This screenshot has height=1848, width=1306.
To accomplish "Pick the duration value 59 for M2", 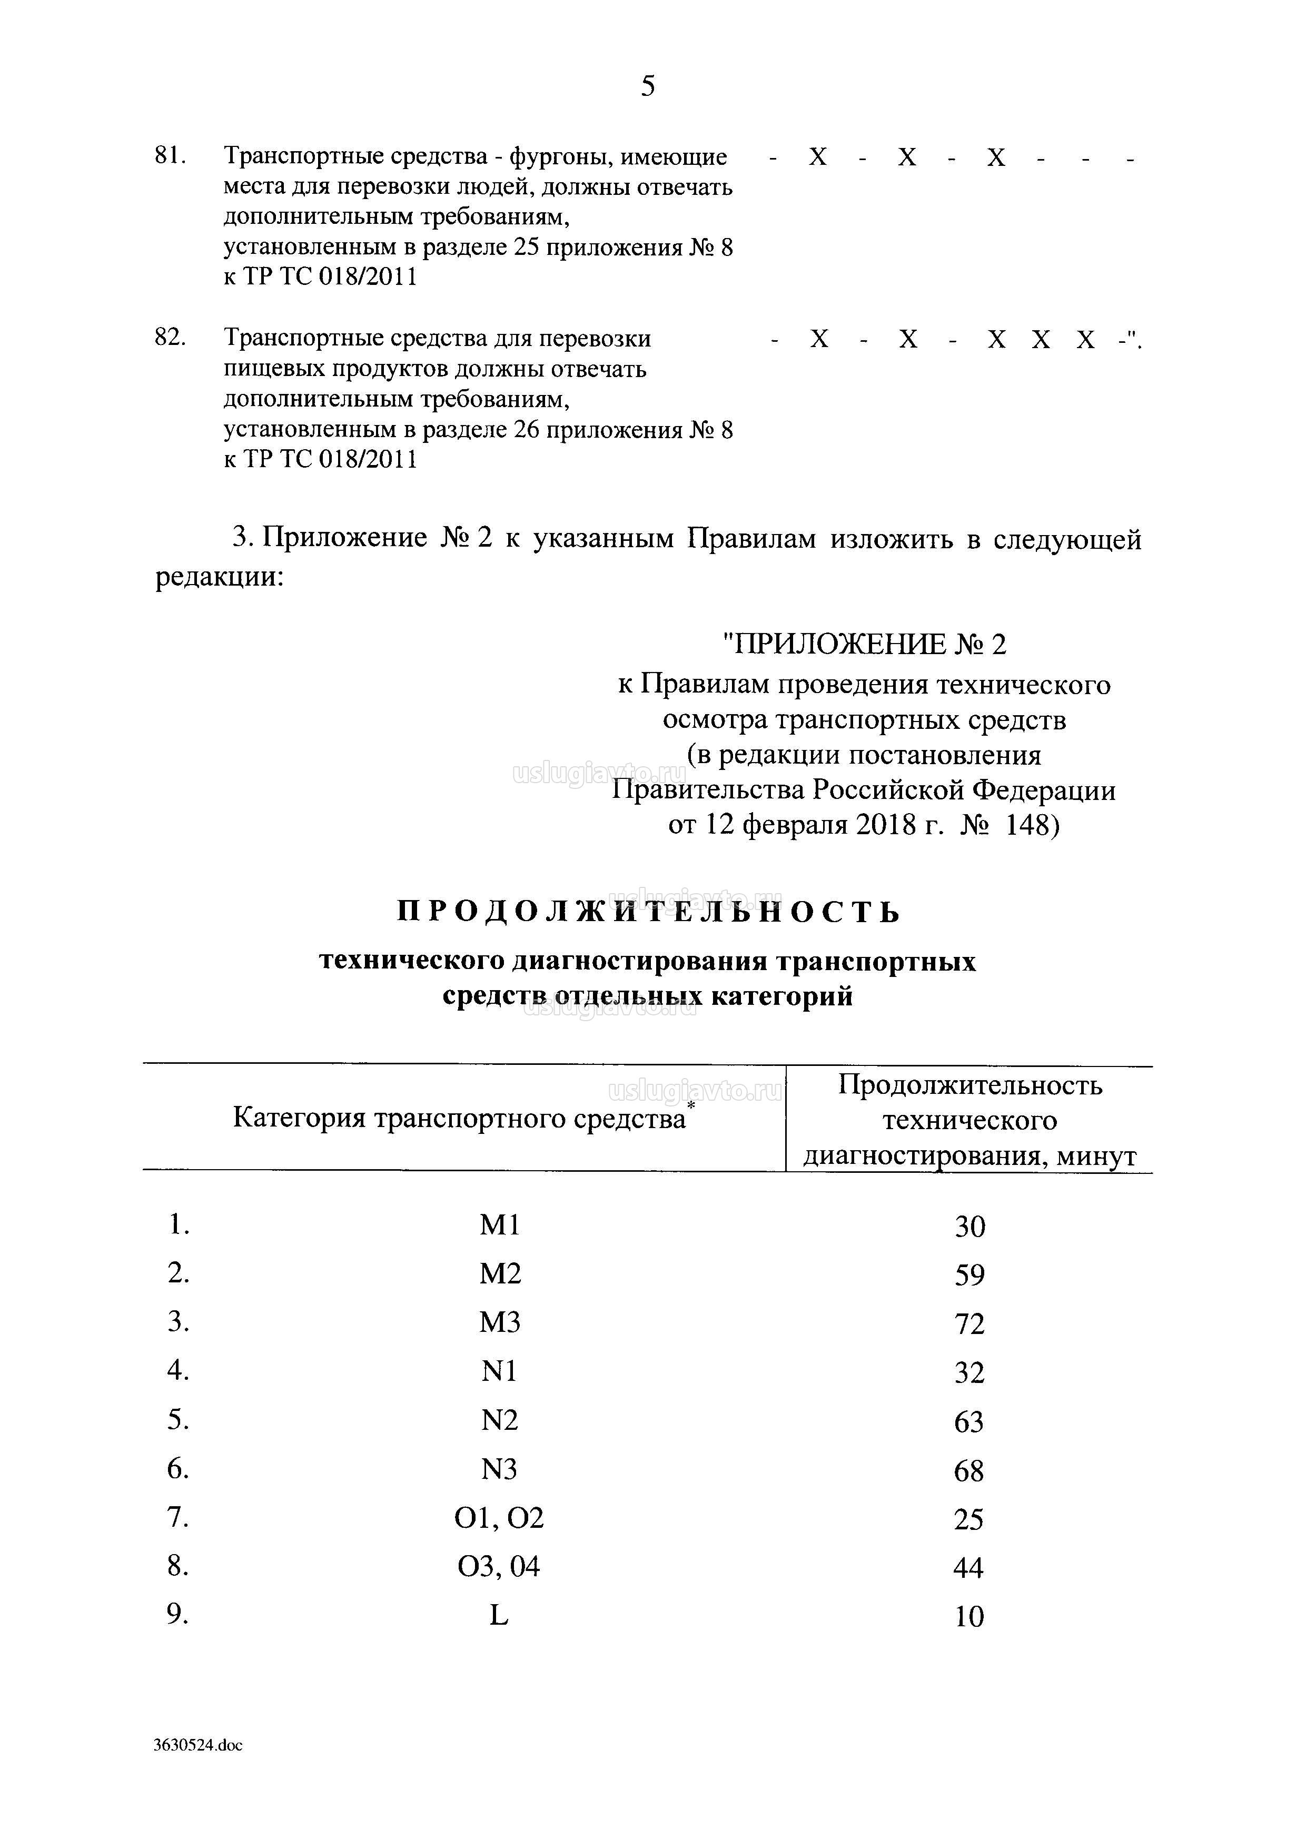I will (x=969, y=1276).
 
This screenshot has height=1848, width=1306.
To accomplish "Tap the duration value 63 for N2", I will (x=969, y=1422).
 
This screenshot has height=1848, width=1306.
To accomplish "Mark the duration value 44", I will (x=969, y=1568).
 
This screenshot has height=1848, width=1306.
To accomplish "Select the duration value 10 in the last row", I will (x=969, y=1617).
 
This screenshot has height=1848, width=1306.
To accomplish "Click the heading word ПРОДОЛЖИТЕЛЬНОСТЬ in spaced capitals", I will (x=649, y=913).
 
